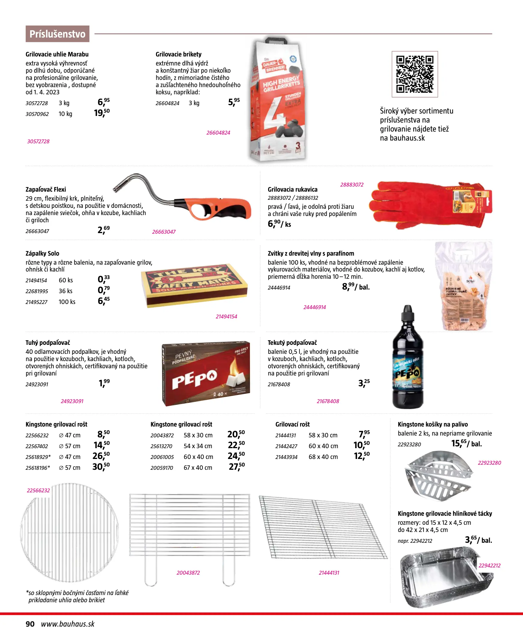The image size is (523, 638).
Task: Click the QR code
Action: [x=415, y=74]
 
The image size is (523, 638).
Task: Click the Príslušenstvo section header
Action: [x=57, y=34]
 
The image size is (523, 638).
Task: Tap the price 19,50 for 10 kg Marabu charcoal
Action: [x=102, y=113]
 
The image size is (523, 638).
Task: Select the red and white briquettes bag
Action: [x=277, y=99]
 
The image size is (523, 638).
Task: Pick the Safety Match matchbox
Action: [x=195, y=285]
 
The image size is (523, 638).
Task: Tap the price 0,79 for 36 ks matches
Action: [x=104, y=290]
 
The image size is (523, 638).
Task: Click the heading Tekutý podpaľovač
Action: [x=292, y=342]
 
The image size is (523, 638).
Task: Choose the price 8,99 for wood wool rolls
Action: [x=348, y=287]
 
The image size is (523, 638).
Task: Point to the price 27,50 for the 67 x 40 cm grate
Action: [x=236, y=467]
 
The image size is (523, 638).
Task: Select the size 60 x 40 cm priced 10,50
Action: [x=323, y=446]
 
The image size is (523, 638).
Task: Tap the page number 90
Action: [x=30, y=624]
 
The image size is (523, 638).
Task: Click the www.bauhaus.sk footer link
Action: [x=68, y=624]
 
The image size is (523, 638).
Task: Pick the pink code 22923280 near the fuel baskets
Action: [x=489, y=463]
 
